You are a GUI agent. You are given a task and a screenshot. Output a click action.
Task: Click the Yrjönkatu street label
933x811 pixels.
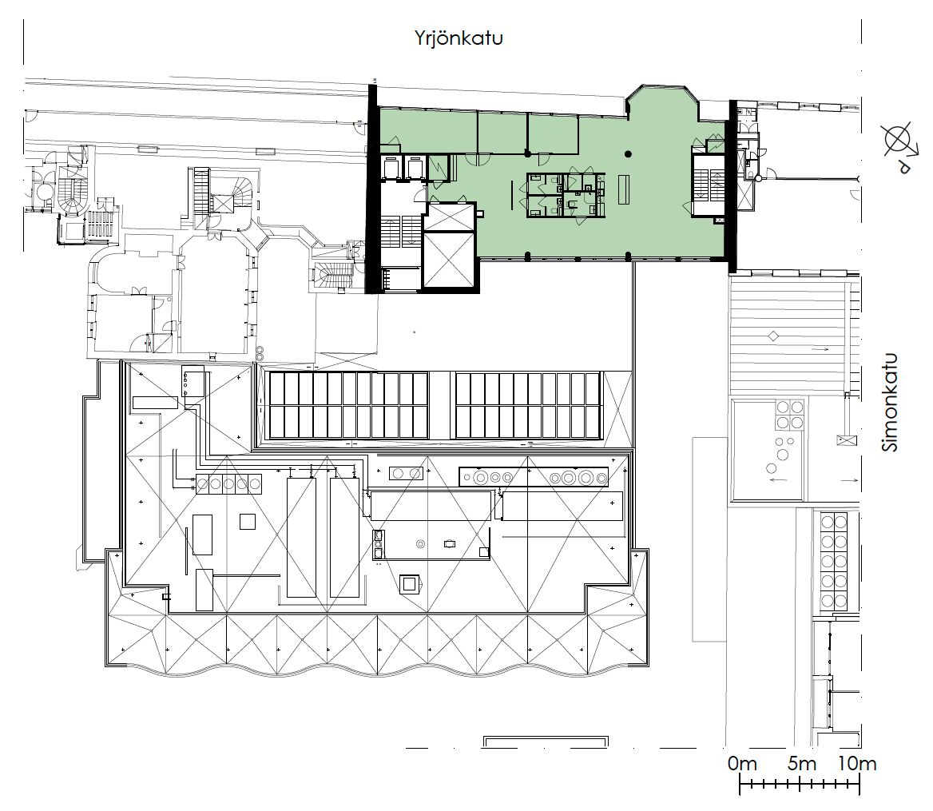(459, 38)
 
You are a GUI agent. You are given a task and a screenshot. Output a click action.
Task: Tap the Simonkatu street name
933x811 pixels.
(891, 403)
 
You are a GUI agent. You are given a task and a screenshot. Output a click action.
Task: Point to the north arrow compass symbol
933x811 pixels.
(899, 145)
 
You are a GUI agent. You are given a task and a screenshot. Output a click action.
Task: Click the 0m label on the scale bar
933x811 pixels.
(742, 763)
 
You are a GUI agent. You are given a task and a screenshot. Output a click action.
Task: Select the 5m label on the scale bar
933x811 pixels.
(801, 763)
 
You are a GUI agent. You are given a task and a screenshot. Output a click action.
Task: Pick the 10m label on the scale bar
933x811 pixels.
(857, 763)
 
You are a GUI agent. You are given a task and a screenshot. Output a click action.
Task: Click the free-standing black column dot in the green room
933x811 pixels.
(628, 155)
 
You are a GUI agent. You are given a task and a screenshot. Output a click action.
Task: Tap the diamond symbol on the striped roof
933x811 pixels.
(773, 336)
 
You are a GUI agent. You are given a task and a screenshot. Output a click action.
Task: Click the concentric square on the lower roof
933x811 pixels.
(409, 584)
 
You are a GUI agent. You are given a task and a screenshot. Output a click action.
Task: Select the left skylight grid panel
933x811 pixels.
(349, 406)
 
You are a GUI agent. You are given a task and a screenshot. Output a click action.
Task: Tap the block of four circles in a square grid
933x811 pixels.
(789, 415)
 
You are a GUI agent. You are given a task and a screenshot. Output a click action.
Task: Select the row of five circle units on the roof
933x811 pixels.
(228, 483)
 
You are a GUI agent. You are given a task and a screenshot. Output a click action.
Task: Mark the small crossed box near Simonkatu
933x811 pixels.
(847, 441)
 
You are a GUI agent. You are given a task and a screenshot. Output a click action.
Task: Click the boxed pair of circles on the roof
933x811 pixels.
(407, 474)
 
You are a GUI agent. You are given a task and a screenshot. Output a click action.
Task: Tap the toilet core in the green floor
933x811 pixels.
(566, 194)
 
